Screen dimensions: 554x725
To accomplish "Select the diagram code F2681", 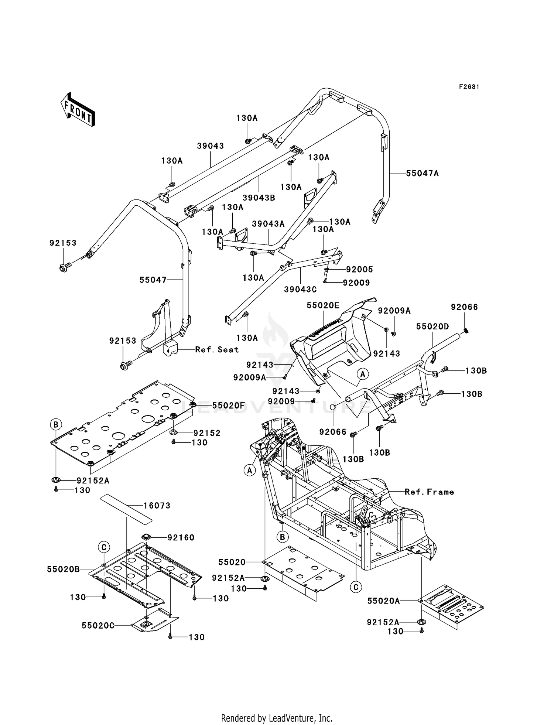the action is click(x=469, y=87).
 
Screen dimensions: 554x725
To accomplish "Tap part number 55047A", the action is click(x=422, y=173).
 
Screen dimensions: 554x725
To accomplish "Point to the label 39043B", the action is click(x=259, y=198).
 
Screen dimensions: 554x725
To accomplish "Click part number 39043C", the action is click(x=300, y=290).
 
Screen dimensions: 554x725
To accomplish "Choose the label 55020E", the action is click(x=323, y=305).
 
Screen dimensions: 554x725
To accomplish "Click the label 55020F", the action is click(x=229, y=406).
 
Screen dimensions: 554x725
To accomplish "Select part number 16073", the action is click(x=157, y=505).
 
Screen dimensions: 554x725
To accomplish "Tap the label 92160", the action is click(x=181, y=537).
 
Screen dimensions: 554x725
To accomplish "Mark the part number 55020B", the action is click(x=63, y=569).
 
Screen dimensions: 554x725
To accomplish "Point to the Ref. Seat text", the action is click(x=217, y=349).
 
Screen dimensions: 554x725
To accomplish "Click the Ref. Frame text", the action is click(x=429, y=492).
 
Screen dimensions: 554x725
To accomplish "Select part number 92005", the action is click(x=359, y=269).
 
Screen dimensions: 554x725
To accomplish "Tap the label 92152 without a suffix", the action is click(x=207, y=433).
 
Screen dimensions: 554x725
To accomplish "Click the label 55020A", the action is click(x=383, y=601).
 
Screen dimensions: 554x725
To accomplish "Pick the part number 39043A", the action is click(x=268, y=224).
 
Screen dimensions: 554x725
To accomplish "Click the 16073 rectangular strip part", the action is click(x=127, y=509).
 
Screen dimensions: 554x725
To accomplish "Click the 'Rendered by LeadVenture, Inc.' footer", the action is click(x=277, y=718).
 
